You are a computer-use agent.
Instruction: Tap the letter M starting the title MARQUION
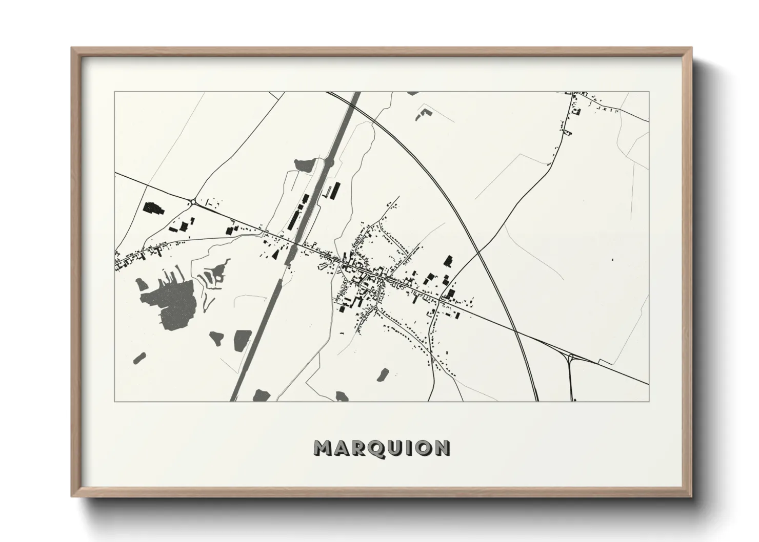pos(323,448)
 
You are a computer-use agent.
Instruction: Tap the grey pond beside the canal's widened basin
pos(303,164)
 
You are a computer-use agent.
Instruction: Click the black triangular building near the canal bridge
pos(275,255)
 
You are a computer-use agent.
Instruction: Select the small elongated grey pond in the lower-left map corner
pos(139,358)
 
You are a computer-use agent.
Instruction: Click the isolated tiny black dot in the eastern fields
pos(612,260)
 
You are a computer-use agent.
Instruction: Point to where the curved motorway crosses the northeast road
pos(477,252)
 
